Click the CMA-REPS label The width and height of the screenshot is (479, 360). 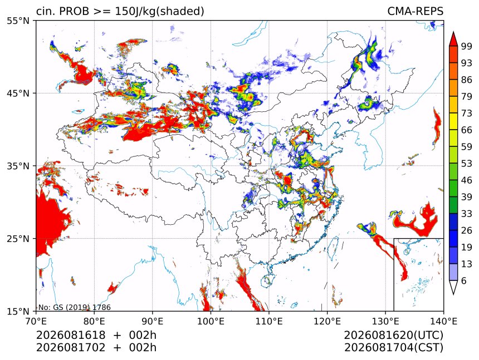pyautogui.click(x=415, y=11)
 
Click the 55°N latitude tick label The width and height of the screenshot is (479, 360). pyautogui.click(x=18, y=21)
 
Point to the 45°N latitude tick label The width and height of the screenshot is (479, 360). pyautogui.click(x=18, y=93)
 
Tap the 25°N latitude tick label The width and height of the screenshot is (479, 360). pyautogui.click(x=18, y=239)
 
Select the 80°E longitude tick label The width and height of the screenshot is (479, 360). pyautogui.click(x=94, y=321)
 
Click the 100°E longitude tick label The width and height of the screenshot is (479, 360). pyautogui.click(x=211, y=321)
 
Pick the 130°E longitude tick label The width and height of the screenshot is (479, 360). pyautogui.click(x=385, y=321)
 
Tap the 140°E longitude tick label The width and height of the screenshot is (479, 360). pyautogui.click(x=443, y=321)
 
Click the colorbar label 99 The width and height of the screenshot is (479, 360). pyautogui.click(x=467, y=47)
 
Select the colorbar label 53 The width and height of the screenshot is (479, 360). pyautogui.click(x=467, y=164)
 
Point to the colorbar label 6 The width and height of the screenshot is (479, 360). pyautogui.click(x=464, y=281)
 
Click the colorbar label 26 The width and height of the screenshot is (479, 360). pyautogui.click(x=467, y=231)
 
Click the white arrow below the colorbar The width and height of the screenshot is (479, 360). pyautogui.click(x=453, y=287)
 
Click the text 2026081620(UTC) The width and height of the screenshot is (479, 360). pyautogui.click(x=393, y=336)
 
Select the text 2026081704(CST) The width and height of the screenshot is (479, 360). pyautogui.click(x=393, y=348)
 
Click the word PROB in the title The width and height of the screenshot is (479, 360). pyautogui.click(x=74, y=11)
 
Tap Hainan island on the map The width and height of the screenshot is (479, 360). pyautogui.click(x=267, y=280)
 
